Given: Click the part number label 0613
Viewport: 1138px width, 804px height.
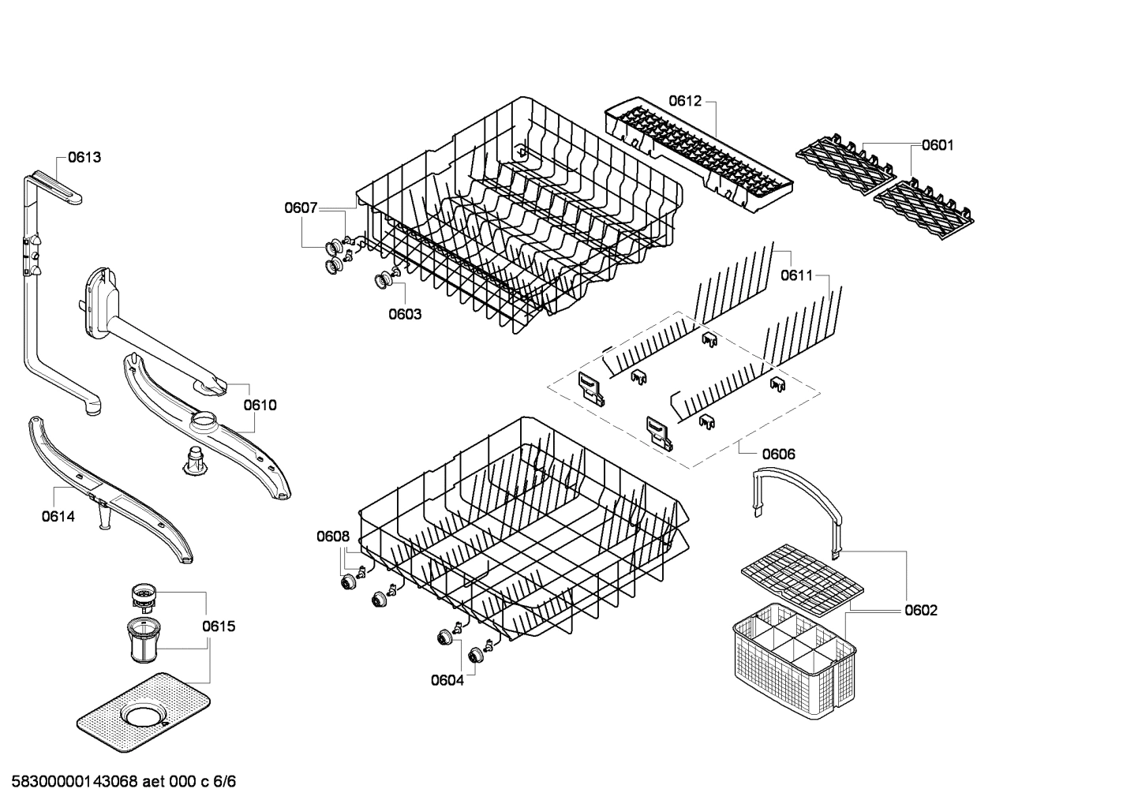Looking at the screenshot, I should (84, 157).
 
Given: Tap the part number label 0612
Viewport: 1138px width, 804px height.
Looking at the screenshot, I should (685, 100).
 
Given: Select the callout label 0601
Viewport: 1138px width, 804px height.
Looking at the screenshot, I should (938, 144).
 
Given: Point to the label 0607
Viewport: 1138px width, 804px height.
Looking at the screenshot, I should (301, 208).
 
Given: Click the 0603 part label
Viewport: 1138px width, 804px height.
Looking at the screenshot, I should (405, 314).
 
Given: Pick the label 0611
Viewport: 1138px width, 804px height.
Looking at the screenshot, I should (796, 275).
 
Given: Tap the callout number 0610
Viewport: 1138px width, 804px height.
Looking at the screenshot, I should (260, 405).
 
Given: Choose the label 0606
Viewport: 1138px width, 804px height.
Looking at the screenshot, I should (778, 454).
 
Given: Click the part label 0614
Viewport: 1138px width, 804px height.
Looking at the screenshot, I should (58, 517).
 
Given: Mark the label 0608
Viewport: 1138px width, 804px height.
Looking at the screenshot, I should (332, 537).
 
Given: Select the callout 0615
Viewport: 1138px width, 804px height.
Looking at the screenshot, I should (219, 626).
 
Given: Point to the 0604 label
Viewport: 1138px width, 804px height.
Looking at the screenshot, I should (447, 680).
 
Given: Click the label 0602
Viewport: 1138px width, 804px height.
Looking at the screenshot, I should (921, 610).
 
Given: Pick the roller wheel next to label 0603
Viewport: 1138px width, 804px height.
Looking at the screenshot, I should (385, 279).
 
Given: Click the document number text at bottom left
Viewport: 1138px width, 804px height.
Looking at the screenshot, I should (118, 782).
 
